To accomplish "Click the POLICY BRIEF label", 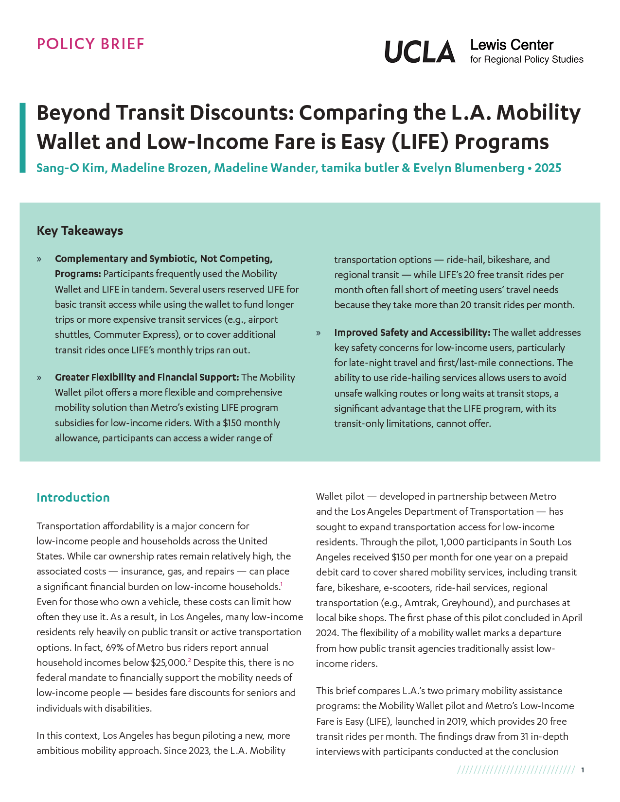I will point(90,44).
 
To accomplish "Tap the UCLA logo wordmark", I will point(420,52).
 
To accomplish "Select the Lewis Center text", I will point(512,45).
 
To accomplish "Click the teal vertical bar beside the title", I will point(22,138).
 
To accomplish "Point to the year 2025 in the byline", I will point(548,168).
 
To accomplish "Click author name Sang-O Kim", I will point(71,168).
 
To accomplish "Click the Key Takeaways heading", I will point(80,230).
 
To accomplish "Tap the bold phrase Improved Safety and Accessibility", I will point(411,332).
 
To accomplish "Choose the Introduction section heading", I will point(73,497).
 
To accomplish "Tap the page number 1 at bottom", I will point(582,770).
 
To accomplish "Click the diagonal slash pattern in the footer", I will point(516,770).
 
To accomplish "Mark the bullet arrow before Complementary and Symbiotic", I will point(39,259).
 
